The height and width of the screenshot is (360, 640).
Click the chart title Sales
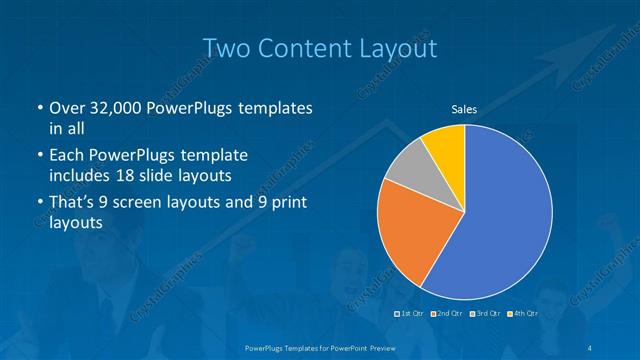pos(464,109)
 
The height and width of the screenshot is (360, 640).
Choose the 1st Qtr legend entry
pos(410,313)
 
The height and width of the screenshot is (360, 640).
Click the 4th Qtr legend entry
pos(521,313)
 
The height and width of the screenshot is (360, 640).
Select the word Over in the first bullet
pos(67,109)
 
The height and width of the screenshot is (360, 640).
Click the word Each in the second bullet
pos(67,156)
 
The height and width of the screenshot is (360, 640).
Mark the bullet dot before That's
pos(38,204)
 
